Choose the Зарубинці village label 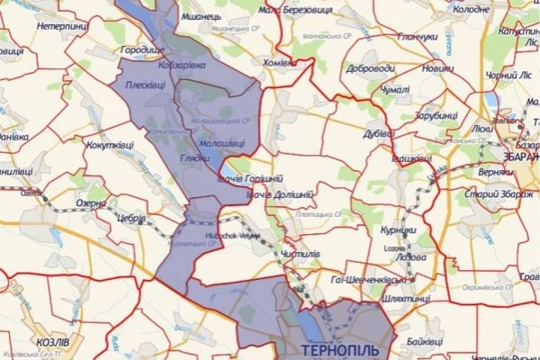tap(436, 115)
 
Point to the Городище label tap(142, 50)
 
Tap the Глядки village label tap(194, 158)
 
